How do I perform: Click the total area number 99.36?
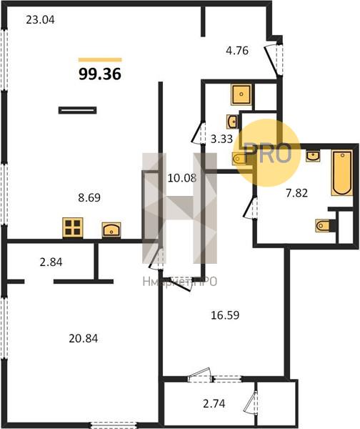(100, 74)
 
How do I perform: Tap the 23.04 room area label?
(40, 20)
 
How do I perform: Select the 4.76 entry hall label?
(237, 51)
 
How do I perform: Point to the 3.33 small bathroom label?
(221, 139)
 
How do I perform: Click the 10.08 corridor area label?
(182, 178)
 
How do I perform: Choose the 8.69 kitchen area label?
(89, 197)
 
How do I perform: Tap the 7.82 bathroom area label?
(297, 193)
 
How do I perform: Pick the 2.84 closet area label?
(51, 262)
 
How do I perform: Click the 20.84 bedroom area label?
(84, 339)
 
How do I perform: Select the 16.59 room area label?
(225, 315)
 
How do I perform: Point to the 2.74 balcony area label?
(214, 403)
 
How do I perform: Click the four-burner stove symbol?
(73, 227)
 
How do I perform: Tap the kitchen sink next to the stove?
(111, 230)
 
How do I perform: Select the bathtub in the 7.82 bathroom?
(341, 172)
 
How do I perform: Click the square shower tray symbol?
(241, 94)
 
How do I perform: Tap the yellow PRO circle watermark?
(268, 153)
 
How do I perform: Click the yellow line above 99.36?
(100, 60)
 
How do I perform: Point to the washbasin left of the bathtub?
(313, 156)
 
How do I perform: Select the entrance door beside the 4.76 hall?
(274, 59)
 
